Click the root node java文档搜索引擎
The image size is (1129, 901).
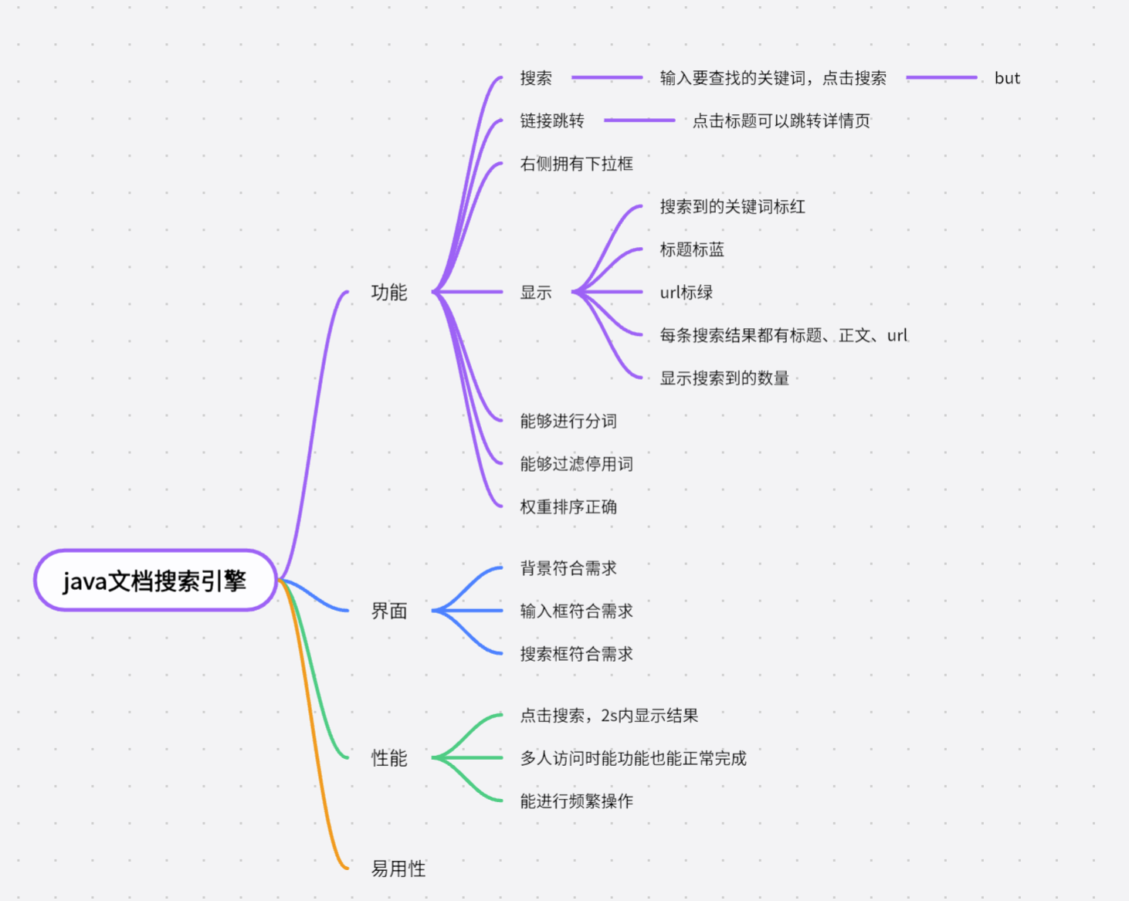click(154, 581)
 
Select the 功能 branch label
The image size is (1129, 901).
click(388, 293)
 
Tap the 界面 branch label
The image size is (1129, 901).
click(388, 611)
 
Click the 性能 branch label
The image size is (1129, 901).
click(388, 758)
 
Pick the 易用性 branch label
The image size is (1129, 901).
click(398, 869)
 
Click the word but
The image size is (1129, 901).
click(1007, 78)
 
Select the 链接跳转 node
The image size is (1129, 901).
click(552, 120)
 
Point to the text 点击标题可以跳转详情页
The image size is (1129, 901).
click(781, 120)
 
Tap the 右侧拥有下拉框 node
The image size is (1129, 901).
click(576, 164)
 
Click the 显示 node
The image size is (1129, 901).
click(535, 293)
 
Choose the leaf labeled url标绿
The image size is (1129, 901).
click(686, 293)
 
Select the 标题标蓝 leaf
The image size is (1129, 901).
click(692, 249)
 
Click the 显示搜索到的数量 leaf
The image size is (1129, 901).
click(724, 378)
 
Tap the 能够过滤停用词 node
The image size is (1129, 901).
click(576, 464)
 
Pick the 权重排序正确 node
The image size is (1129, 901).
click(568, 507)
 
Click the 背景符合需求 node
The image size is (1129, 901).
click(568, 568)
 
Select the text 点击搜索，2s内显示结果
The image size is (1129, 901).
click(609, 716)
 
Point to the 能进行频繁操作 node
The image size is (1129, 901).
click(576, 801)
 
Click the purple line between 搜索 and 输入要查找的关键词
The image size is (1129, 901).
click(607, 78)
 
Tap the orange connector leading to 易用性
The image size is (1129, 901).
click(313, 733)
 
